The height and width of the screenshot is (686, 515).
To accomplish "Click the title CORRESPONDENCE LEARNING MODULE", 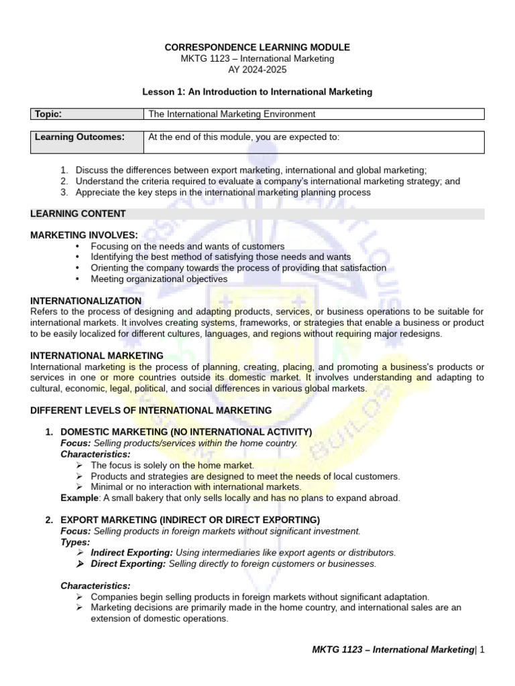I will pyautogui.click(x=257, y=48).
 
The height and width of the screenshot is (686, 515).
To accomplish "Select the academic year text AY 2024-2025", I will pyautogui.click(x=257, y=70).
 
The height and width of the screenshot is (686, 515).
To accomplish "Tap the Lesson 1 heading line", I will pyautogui.click(x=257, y=91).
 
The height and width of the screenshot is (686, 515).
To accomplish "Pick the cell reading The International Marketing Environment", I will pyautogui.click(x=231, y=114).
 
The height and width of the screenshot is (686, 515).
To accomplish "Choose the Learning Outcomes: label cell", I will pyautogui.click(x=80, y=137).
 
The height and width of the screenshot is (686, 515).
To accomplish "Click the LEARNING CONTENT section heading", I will pyautogui.click(x=78, y=214).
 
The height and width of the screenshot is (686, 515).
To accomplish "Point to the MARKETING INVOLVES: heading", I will pyautogui.click(x=84, y=235).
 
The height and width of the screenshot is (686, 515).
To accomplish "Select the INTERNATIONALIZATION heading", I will pyautogui.click(x=86, y=301).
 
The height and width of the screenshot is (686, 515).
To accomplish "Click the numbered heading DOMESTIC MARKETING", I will pyautogui.click(x=186, y=432).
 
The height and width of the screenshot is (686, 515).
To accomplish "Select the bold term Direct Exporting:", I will pyautogui.click(x=128, y=563).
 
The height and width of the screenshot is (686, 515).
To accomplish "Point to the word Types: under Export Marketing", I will pyautogui.click(x=74, y=542).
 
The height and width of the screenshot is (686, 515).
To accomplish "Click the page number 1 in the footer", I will pyautogui.click(x=481, y=649).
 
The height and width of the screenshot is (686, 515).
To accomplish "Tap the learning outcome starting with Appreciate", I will pyautogui.click(x=223, y=192).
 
